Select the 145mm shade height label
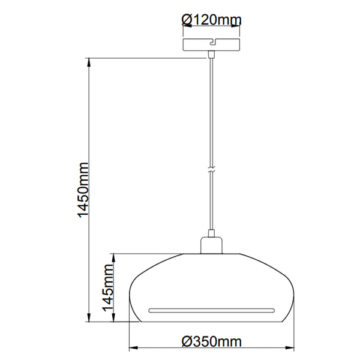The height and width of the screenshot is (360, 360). pyautogui.click(x=108, y=289)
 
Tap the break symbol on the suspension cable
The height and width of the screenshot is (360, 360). pyautogui.click(x=211, y=170)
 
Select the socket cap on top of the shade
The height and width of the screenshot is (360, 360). pyautogui.click(x=211, y=246)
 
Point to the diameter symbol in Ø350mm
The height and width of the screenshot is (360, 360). pyautogui.click(x=187, y=342)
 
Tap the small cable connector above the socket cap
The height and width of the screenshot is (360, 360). pyautogui.click(x=211, y=234)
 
